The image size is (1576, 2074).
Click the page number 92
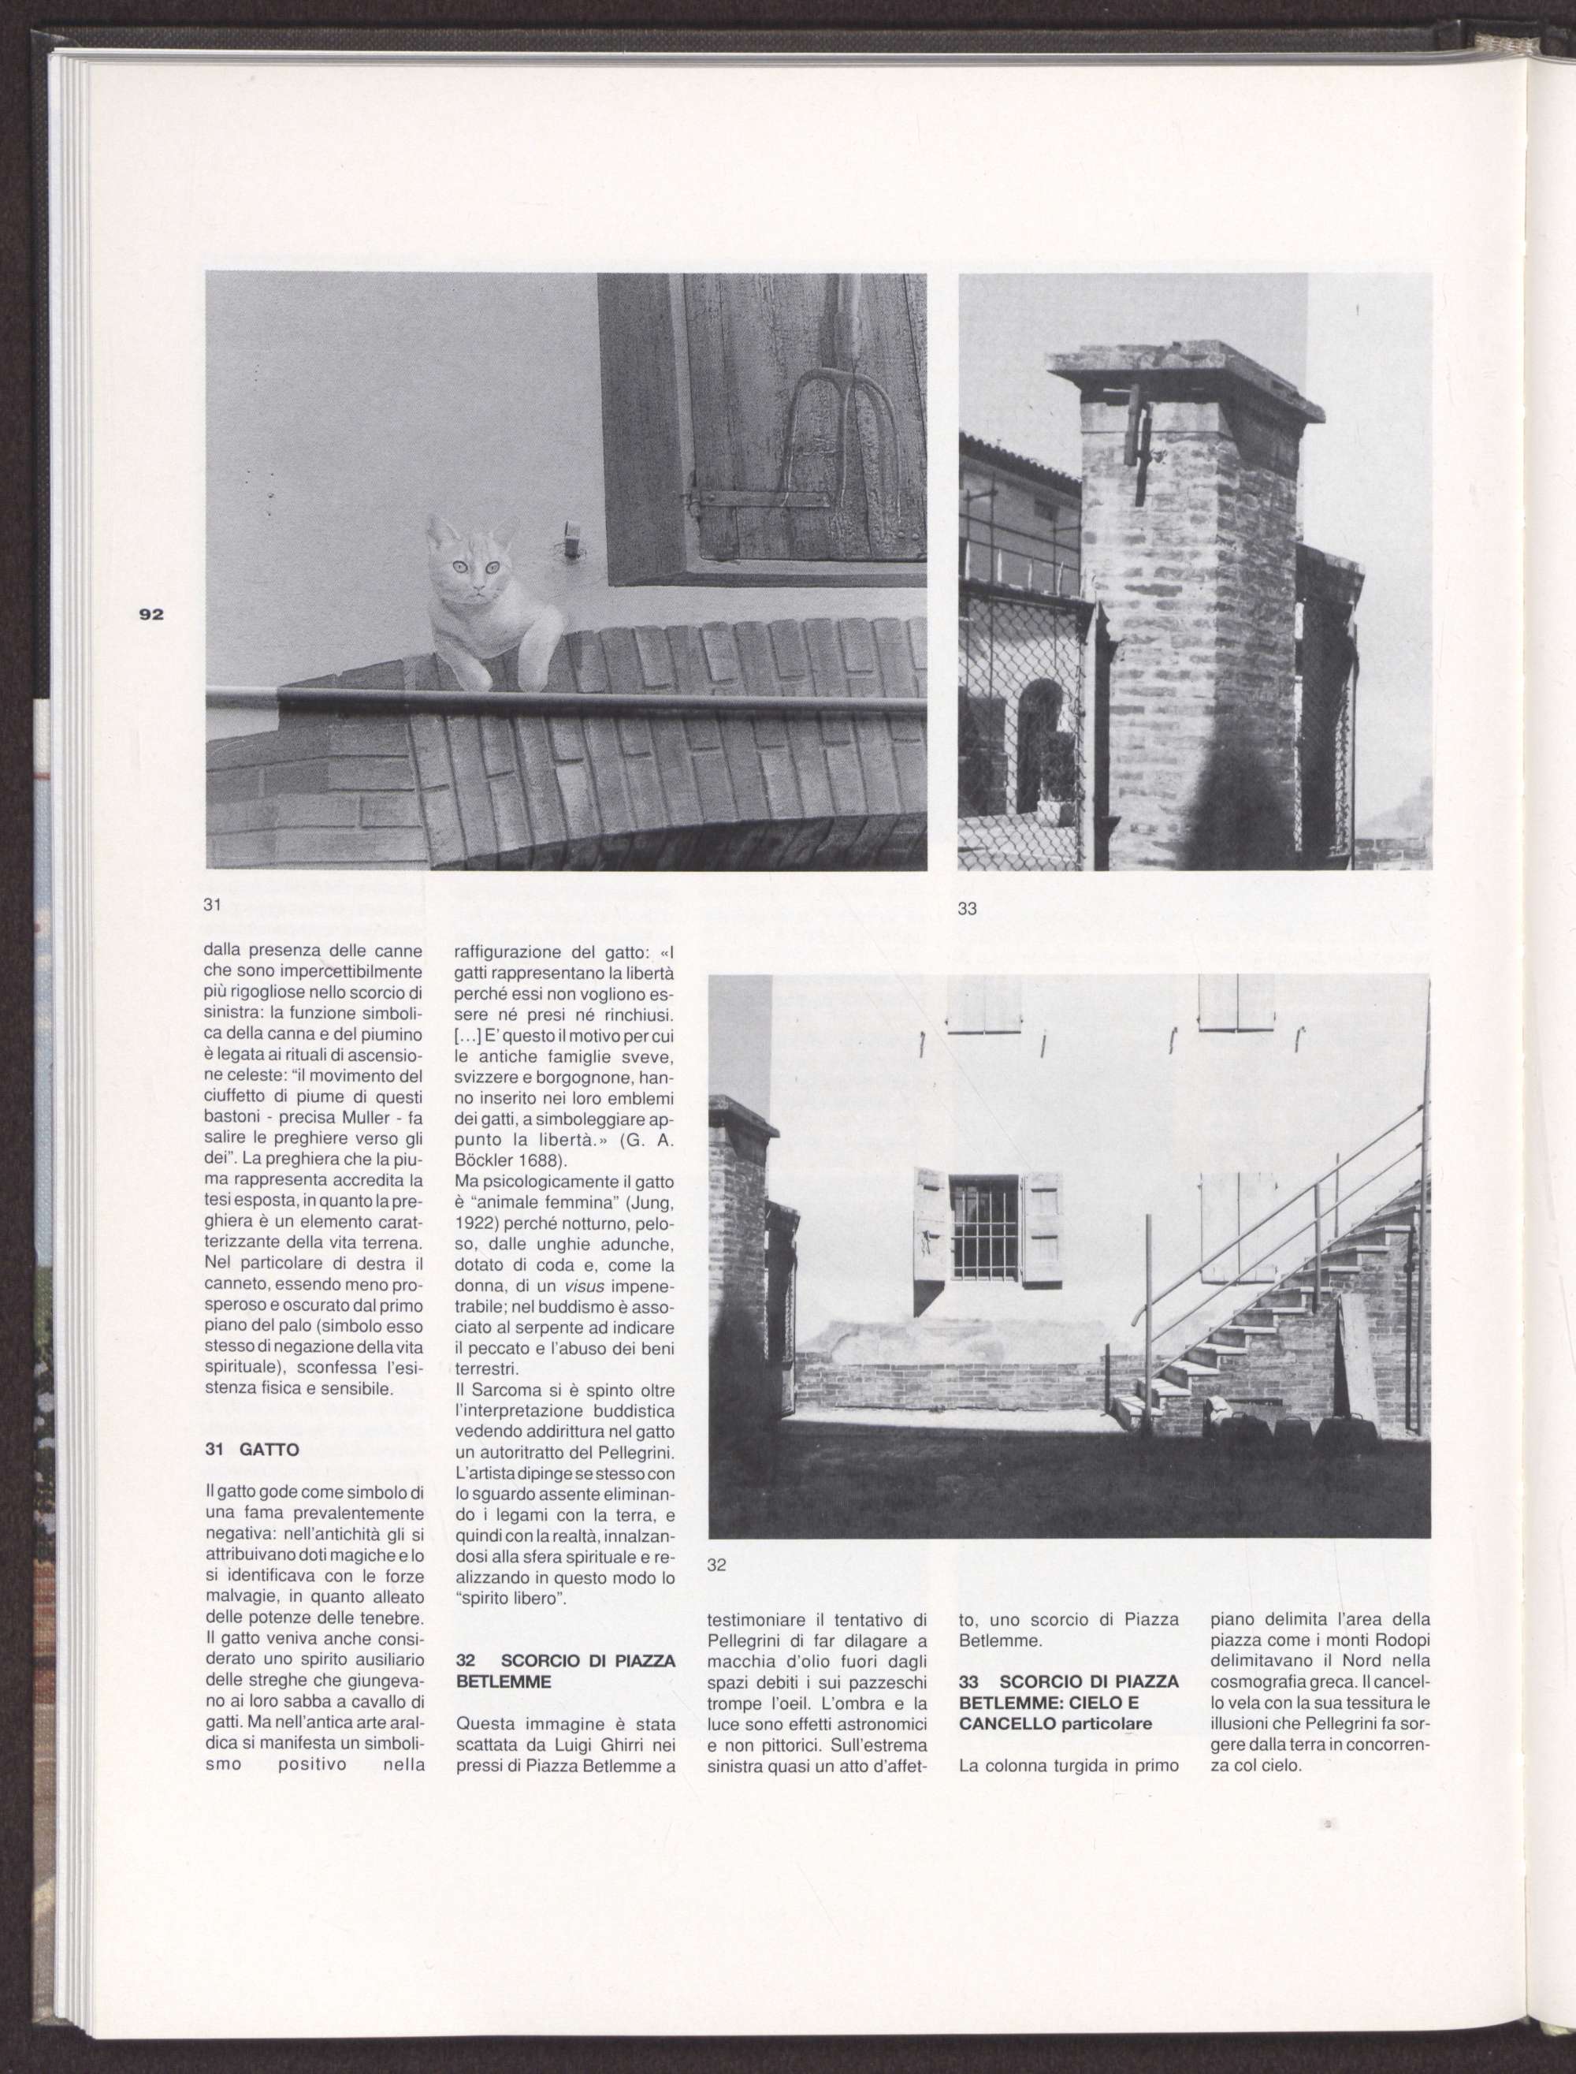[x=151, y=616]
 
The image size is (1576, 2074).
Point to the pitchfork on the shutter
[x=826, y=413]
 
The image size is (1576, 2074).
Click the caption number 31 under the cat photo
[x=212, y=905]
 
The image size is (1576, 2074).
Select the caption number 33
[x=967, y=908]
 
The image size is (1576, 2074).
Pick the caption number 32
[x=717, y=1565]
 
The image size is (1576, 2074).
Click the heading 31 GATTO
[x=251, y=1449]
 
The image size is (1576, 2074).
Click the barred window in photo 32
[x=984, y=1230]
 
